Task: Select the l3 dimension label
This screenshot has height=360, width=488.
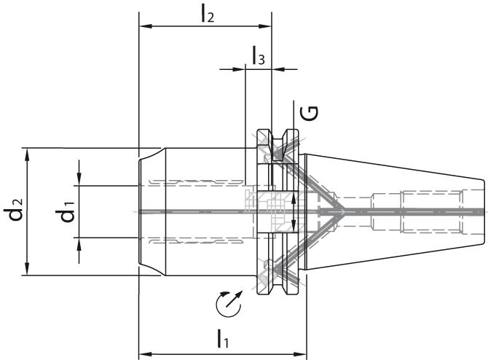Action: pyautogui.click(x=259, y=55)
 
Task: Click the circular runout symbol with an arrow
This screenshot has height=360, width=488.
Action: pyautogui.click(x=229, y=303)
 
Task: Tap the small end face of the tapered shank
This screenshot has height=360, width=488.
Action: pyautogui.click(x=483, y=211)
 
